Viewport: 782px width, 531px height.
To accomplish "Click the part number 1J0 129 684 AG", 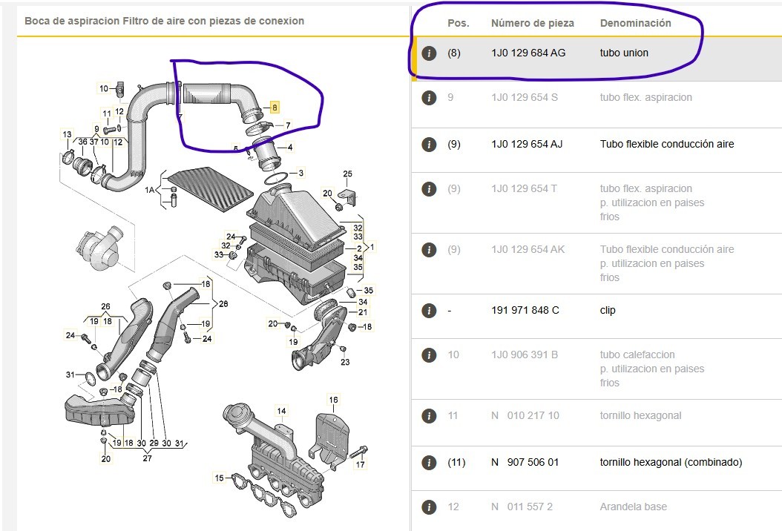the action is tap(528, 53).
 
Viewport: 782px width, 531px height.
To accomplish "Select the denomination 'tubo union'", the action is tap(624, 53).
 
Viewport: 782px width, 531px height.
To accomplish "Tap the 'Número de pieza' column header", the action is tap(532, 24).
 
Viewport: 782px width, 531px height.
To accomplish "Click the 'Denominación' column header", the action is tap(635, 24).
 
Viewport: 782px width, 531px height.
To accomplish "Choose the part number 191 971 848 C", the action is tap(525, 310).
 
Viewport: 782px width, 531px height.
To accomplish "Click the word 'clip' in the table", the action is tap(608, 310).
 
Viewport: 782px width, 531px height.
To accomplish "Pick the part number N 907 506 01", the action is tap(525, 462).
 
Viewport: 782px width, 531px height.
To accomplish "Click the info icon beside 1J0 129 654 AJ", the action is tap(429, 144).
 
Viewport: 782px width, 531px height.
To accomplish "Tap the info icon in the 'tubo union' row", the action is tap(429, 53).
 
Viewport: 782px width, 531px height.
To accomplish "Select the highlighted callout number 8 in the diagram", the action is tap(274, 107).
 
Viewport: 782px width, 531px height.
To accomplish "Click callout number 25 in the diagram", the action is tap(348, 174).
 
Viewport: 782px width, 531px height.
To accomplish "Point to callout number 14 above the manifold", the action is tap(281, 411).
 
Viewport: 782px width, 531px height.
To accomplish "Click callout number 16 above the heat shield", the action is tap(333, 400).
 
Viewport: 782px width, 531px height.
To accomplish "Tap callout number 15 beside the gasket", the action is tap(220, 478).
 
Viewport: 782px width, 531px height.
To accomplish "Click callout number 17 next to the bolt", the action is tap(360, 464).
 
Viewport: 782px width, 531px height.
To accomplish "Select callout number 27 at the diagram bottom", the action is tap(147, 458).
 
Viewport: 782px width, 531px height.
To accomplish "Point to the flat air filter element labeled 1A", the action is tap(211, 189).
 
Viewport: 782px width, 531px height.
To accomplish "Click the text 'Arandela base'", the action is tap(634, 507).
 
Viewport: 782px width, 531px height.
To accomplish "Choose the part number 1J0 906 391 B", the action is tap(525, 354).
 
